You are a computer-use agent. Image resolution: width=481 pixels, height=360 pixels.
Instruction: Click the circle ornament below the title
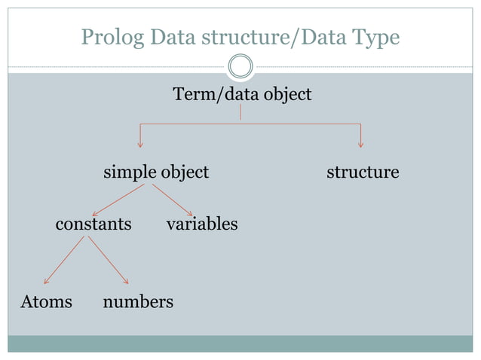coord(240,66)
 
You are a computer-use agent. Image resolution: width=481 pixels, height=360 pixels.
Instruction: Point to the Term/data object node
coord(242,95)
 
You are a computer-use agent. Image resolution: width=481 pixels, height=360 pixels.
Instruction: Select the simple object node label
coord(156,172)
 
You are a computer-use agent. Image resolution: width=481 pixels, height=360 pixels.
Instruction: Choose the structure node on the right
coord(363,172)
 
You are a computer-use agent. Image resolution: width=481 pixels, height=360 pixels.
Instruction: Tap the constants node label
coord(93,224)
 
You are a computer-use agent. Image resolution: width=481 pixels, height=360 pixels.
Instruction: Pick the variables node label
coord(202,224)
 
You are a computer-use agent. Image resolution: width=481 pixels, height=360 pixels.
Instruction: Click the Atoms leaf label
coord(46,302)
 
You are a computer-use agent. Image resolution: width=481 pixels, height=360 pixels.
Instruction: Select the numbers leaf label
coord(138,302)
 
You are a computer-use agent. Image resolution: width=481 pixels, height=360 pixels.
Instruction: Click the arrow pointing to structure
coord(361,136)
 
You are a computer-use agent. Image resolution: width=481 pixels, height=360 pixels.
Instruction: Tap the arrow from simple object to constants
coord(118,200)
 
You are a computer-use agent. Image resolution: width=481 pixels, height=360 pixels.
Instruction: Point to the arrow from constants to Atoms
coord(64,261)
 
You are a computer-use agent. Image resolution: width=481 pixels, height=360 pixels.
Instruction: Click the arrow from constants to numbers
coord(108,261)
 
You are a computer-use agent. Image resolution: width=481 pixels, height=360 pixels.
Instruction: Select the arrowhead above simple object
coord(140,143)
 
